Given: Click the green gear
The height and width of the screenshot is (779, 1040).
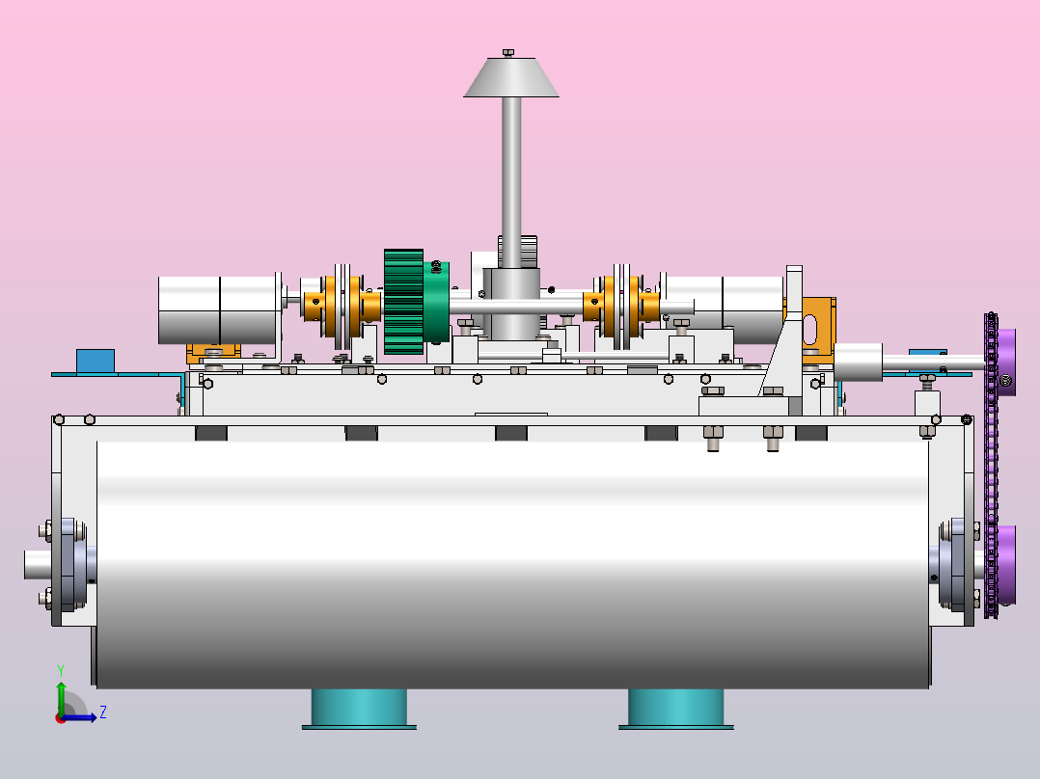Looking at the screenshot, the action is pos(404,302).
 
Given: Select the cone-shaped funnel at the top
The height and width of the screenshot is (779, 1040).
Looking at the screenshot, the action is pos(510,77).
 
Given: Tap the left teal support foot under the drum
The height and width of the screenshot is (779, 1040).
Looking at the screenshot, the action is pos(359,709).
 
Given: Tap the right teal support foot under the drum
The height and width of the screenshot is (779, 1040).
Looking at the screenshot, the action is pos(676,709).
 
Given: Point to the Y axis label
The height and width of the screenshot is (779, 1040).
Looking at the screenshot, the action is pos(61,671).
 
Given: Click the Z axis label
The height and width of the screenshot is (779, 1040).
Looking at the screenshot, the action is pos(103,712).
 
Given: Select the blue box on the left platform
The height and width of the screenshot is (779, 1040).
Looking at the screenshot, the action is pos(96,362).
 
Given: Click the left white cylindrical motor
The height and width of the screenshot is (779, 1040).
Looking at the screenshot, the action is pos(220,309).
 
